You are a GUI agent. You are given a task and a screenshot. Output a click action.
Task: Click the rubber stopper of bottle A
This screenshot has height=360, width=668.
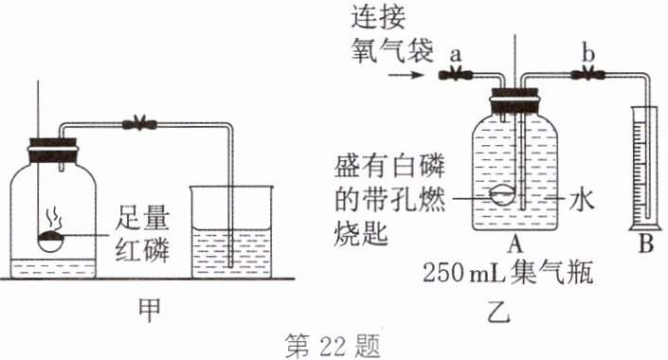[516, 98]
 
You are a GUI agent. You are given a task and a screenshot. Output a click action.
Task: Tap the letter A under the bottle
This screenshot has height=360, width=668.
[516, 244]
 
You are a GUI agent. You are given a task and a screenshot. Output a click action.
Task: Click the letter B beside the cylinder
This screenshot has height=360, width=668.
[646, 246]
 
